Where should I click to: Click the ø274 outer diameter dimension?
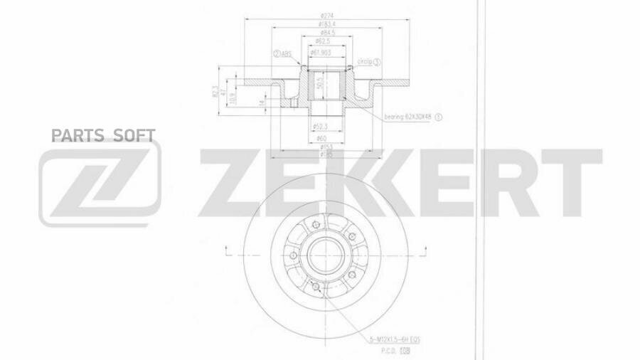(x=327, y=16)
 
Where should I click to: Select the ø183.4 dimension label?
(x=327, y=25)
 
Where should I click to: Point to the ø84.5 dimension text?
(x=327, y=33)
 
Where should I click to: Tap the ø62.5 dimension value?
(x=327, y=42)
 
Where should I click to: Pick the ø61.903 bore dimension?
(x=326, y=51)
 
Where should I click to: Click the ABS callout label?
(x=282, y=53)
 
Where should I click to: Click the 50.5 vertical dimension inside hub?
(x=321, y=80)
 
